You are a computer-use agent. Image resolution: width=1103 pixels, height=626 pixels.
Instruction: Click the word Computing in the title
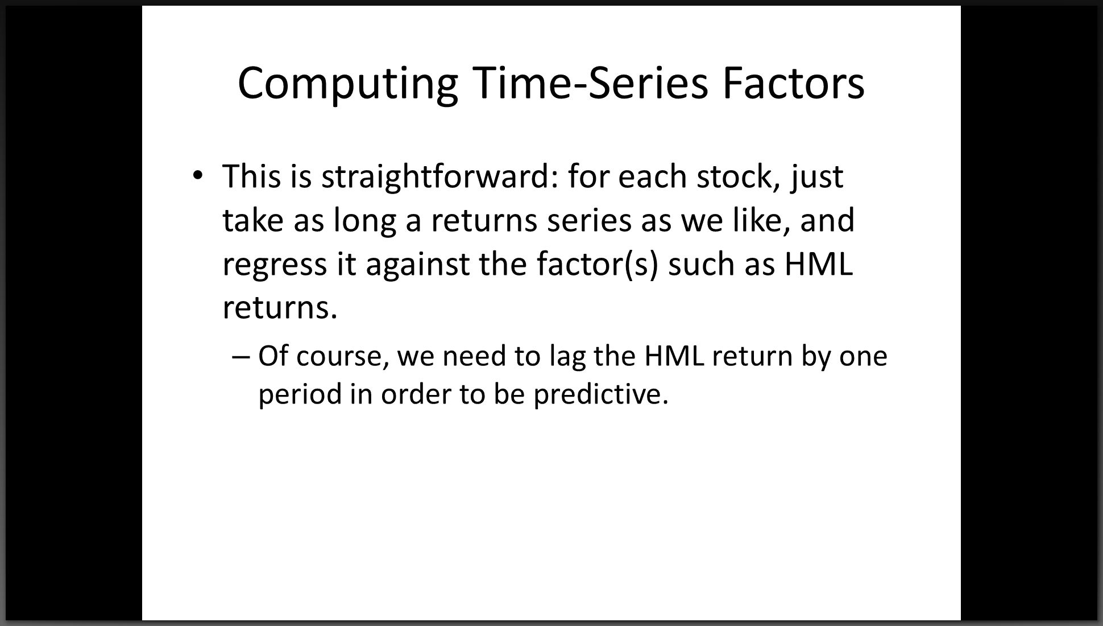point(347,84)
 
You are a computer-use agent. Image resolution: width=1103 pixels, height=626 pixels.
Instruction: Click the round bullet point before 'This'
point(197,175)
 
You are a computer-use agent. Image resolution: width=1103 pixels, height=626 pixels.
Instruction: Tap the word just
point(816,177)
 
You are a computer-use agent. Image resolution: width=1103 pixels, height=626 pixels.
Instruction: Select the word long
point(364,220)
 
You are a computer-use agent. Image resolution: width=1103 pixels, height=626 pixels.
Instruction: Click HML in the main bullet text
point(819,264)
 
